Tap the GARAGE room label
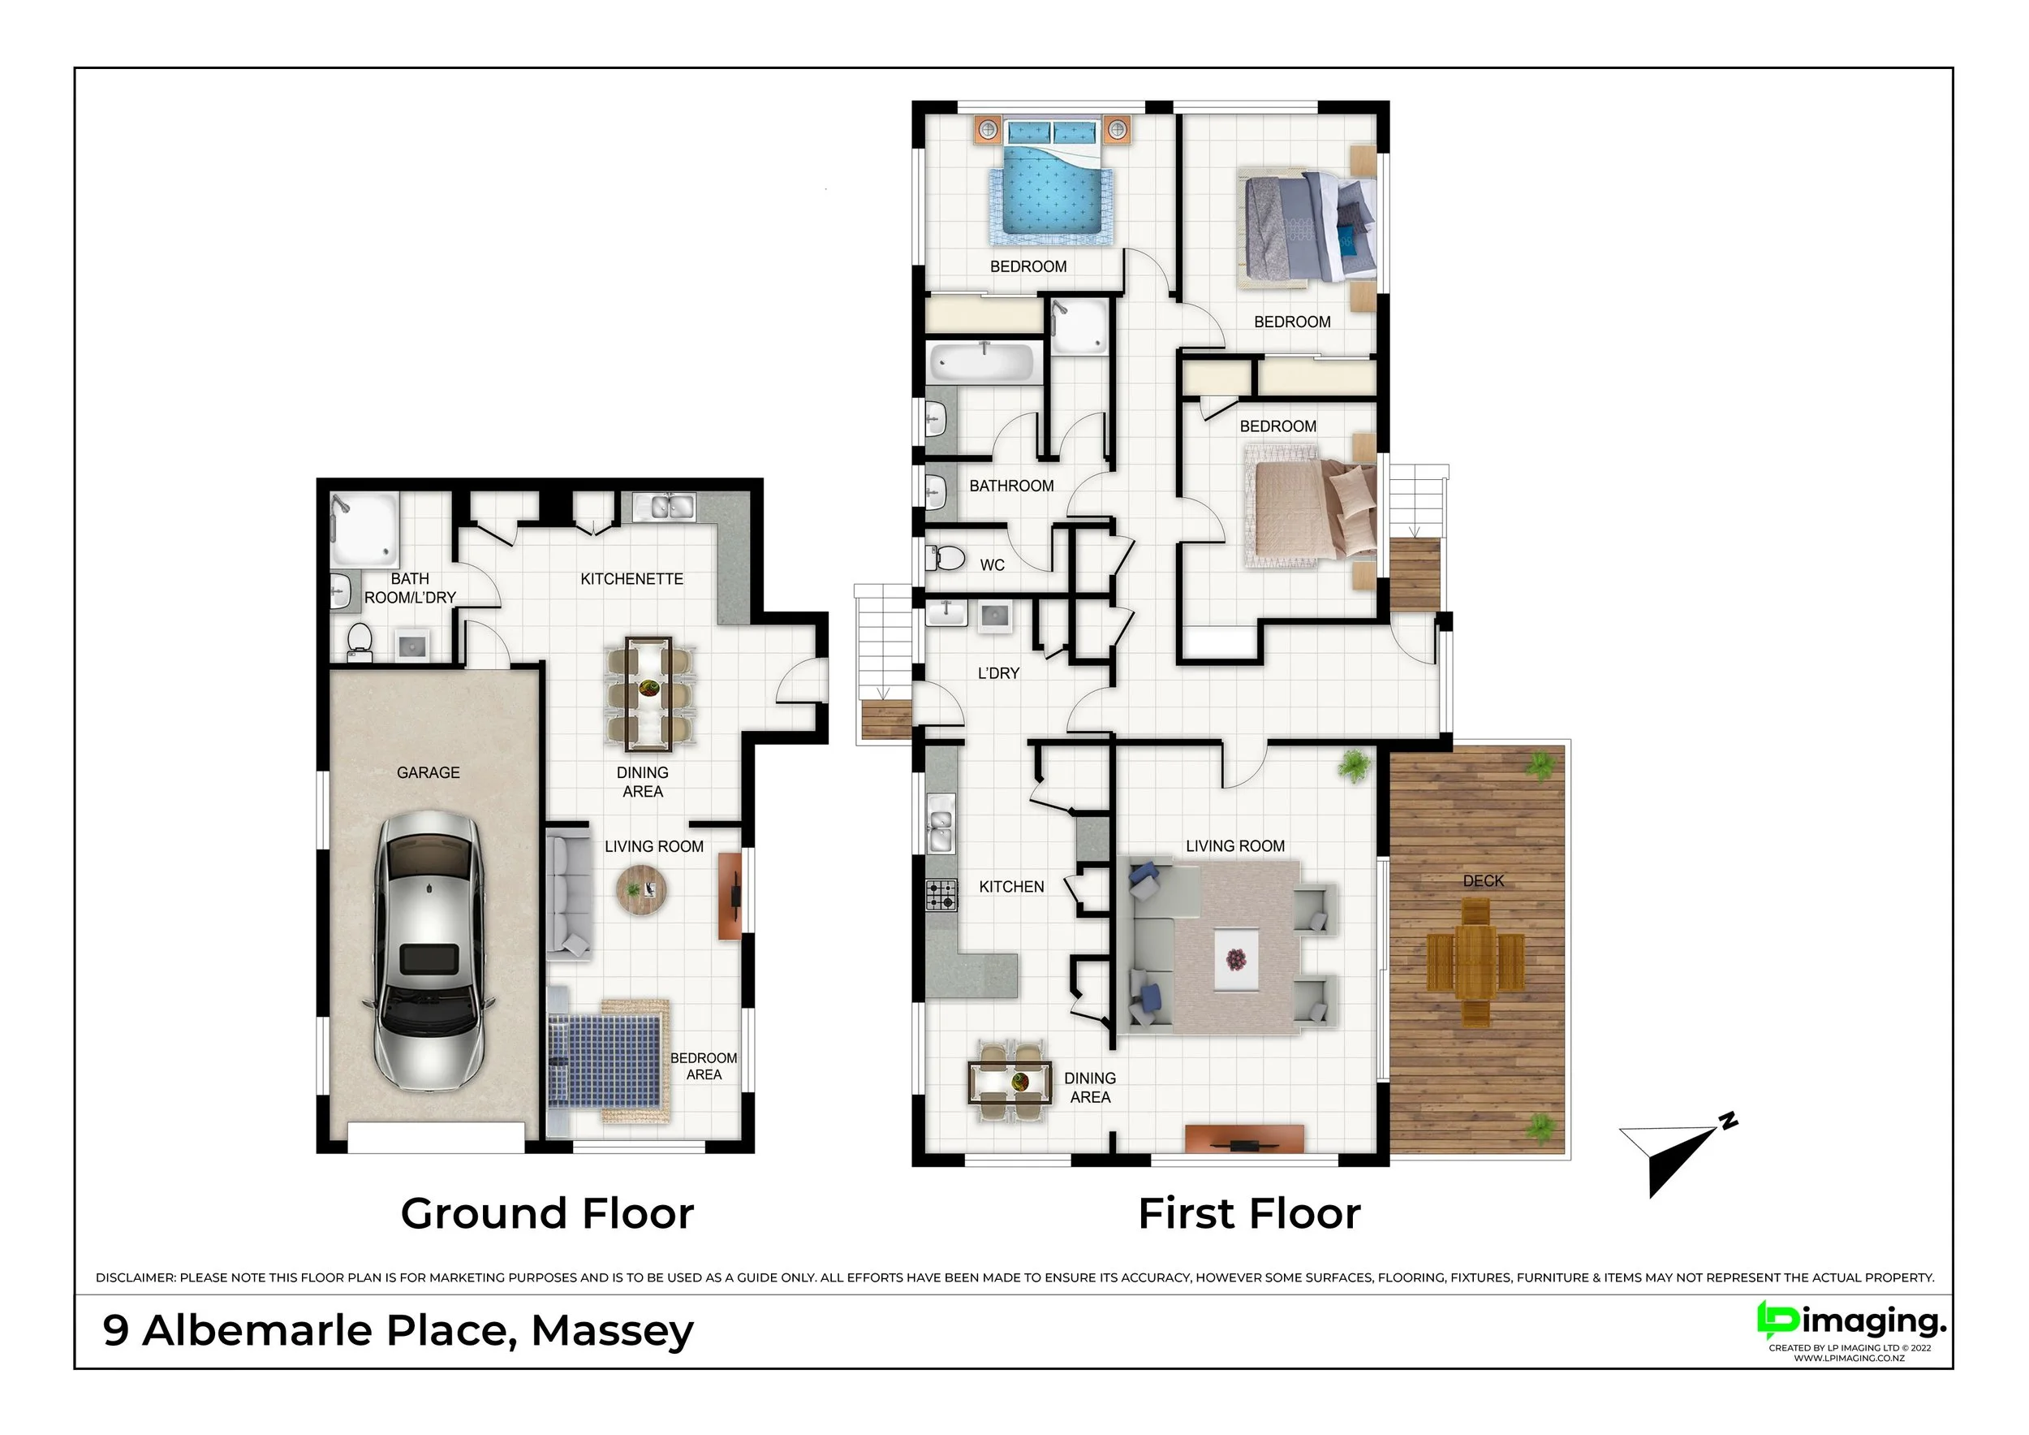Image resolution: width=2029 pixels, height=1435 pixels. (428, 773)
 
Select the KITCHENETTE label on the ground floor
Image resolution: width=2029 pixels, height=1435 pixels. (632, 579)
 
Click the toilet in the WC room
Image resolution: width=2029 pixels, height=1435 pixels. (946, 558)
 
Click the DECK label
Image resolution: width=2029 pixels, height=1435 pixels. (1483, 880)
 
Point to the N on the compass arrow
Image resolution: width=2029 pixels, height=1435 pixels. (1728, 1122)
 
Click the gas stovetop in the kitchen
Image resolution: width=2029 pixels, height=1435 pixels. (941, 895)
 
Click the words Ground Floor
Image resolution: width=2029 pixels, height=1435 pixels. (547, 1213)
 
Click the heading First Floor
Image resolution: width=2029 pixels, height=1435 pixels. (1250, 1213)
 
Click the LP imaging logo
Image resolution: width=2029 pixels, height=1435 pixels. (1850, 1327)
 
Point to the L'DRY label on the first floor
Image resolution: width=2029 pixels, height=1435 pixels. (998, 673)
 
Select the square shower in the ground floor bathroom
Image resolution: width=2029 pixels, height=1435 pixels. (364, 529)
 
